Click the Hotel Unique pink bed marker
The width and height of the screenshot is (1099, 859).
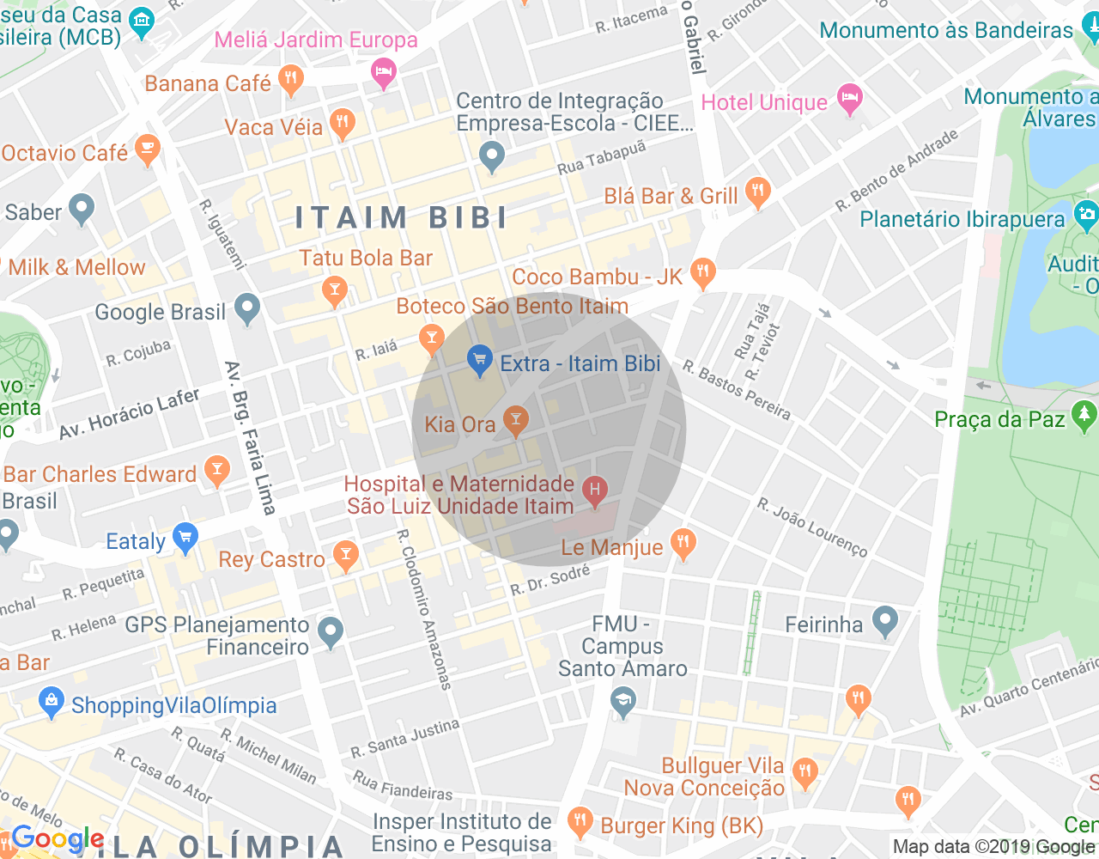click(849, 100)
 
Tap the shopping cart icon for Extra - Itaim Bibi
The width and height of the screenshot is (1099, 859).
click(479, 360)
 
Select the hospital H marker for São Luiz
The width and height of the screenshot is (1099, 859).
click(594, 490)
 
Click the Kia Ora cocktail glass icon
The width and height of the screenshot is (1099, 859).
click(515, 421)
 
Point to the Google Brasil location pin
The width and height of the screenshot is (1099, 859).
click(247, 308)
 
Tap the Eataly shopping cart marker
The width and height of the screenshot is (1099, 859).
click(185, 539)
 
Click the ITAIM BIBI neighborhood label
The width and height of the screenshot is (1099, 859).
click(402, 217)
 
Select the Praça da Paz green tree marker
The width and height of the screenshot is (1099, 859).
click(1084, 417)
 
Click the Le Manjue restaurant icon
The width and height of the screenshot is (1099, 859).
click(683, 544)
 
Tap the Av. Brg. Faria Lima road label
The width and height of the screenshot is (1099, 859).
click(250, 438)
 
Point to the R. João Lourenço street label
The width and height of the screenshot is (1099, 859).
click(812, 527)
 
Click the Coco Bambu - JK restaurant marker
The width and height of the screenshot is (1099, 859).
click(702, 273)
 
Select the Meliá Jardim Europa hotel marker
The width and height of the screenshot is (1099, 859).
click(383, 73)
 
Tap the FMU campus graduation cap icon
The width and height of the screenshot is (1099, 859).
click(622, 704)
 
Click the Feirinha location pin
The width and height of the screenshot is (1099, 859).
click(884, 621)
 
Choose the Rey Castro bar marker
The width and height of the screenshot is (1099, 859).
click(346, 556)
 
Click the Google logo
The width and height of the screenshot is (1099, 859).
click(58, 838)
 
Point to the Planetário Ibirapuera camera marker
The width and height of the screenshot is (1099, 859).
click(1086, 215)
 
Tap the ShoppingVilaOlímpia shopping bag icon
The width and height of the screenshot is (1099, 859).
click(52, 703)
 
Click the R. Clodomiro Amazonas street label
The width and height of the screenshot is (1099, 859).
click(423, 610)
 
